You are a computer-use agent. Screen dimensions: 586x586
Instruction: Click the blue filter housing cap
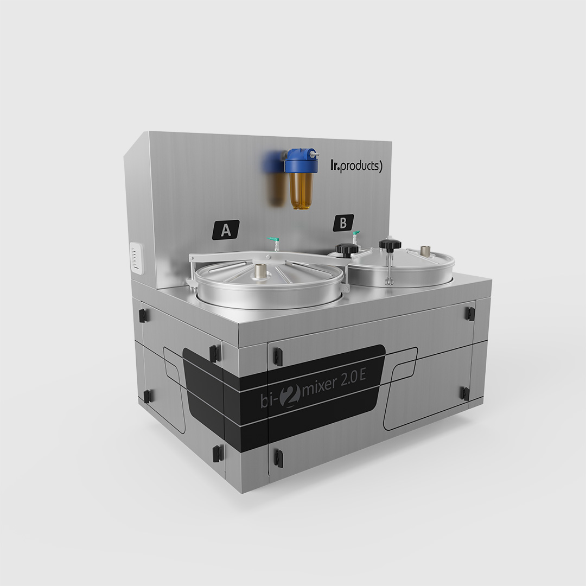[x=302, y=162]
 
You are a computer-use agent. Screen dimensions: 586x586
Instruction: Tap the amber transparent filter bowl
[x=301, y=190]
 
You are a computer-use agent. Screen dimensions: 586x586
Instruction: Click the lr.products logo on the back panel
[x=356, y=166]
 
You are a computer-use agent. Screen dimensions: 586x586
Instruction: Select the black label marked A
[x=226, y=230]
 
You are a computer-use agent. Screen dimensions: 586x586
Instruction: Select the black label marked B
[x=343, y=223]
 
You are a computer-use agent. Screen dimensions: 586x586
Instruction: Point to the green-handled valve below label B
[x=356, y=237]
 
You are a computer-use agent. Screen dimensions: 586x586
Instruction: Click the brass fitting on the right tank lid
[x=425, y=251]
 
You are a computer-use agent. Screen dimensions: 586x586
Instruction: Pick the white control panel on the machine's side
[x=136, y=258]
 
